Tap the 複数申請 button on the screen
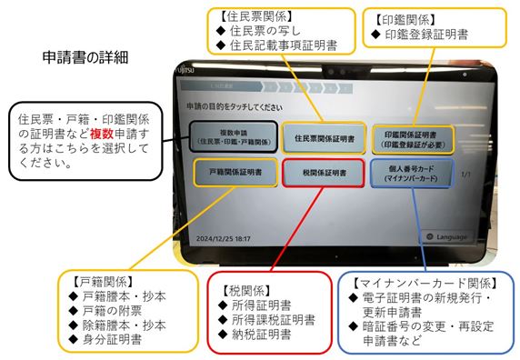(234, 137)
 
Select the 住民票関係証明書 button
(324, 138)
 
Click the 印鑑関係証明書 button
(413, 140)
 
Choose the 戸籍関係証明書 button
(235, 173)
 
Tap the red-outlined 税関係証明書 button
(324, 173)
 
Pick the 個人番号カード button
(411, 174)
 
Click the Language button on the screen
(447, 236)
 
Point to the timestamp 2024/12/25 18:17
(224, 238)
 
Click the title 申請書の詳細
(85, 57)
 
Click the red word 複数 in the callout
(102, 134)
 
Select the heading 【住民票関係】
(256, 16)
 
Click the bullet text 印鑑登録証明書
(426, 35)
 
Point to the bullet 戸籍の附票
(112, 311)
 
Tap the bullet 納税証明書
(261, 335)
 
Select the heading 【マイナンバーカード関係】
(425, 284)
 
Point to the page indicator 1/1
(465, 174)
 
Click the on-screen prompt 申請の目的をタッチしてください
(235, 106)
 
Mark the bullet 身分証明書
(112, 339)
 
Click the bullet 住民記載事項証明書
(284, 45)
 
